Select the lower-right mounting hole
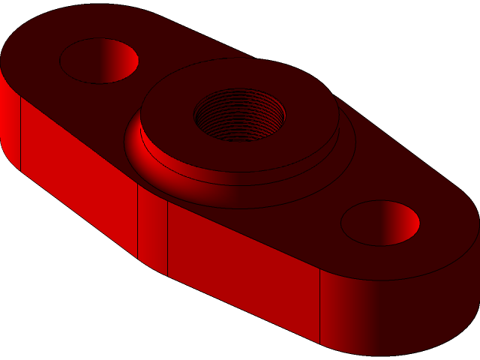[x=379, y=223]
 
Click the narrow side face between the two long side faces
[x=152, y=229]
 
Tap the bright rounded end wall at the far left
[x=9, y=120]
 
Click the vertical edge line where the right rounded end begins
[x=320, y=307]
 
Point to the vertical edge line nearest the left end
[x=20, y=135]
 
